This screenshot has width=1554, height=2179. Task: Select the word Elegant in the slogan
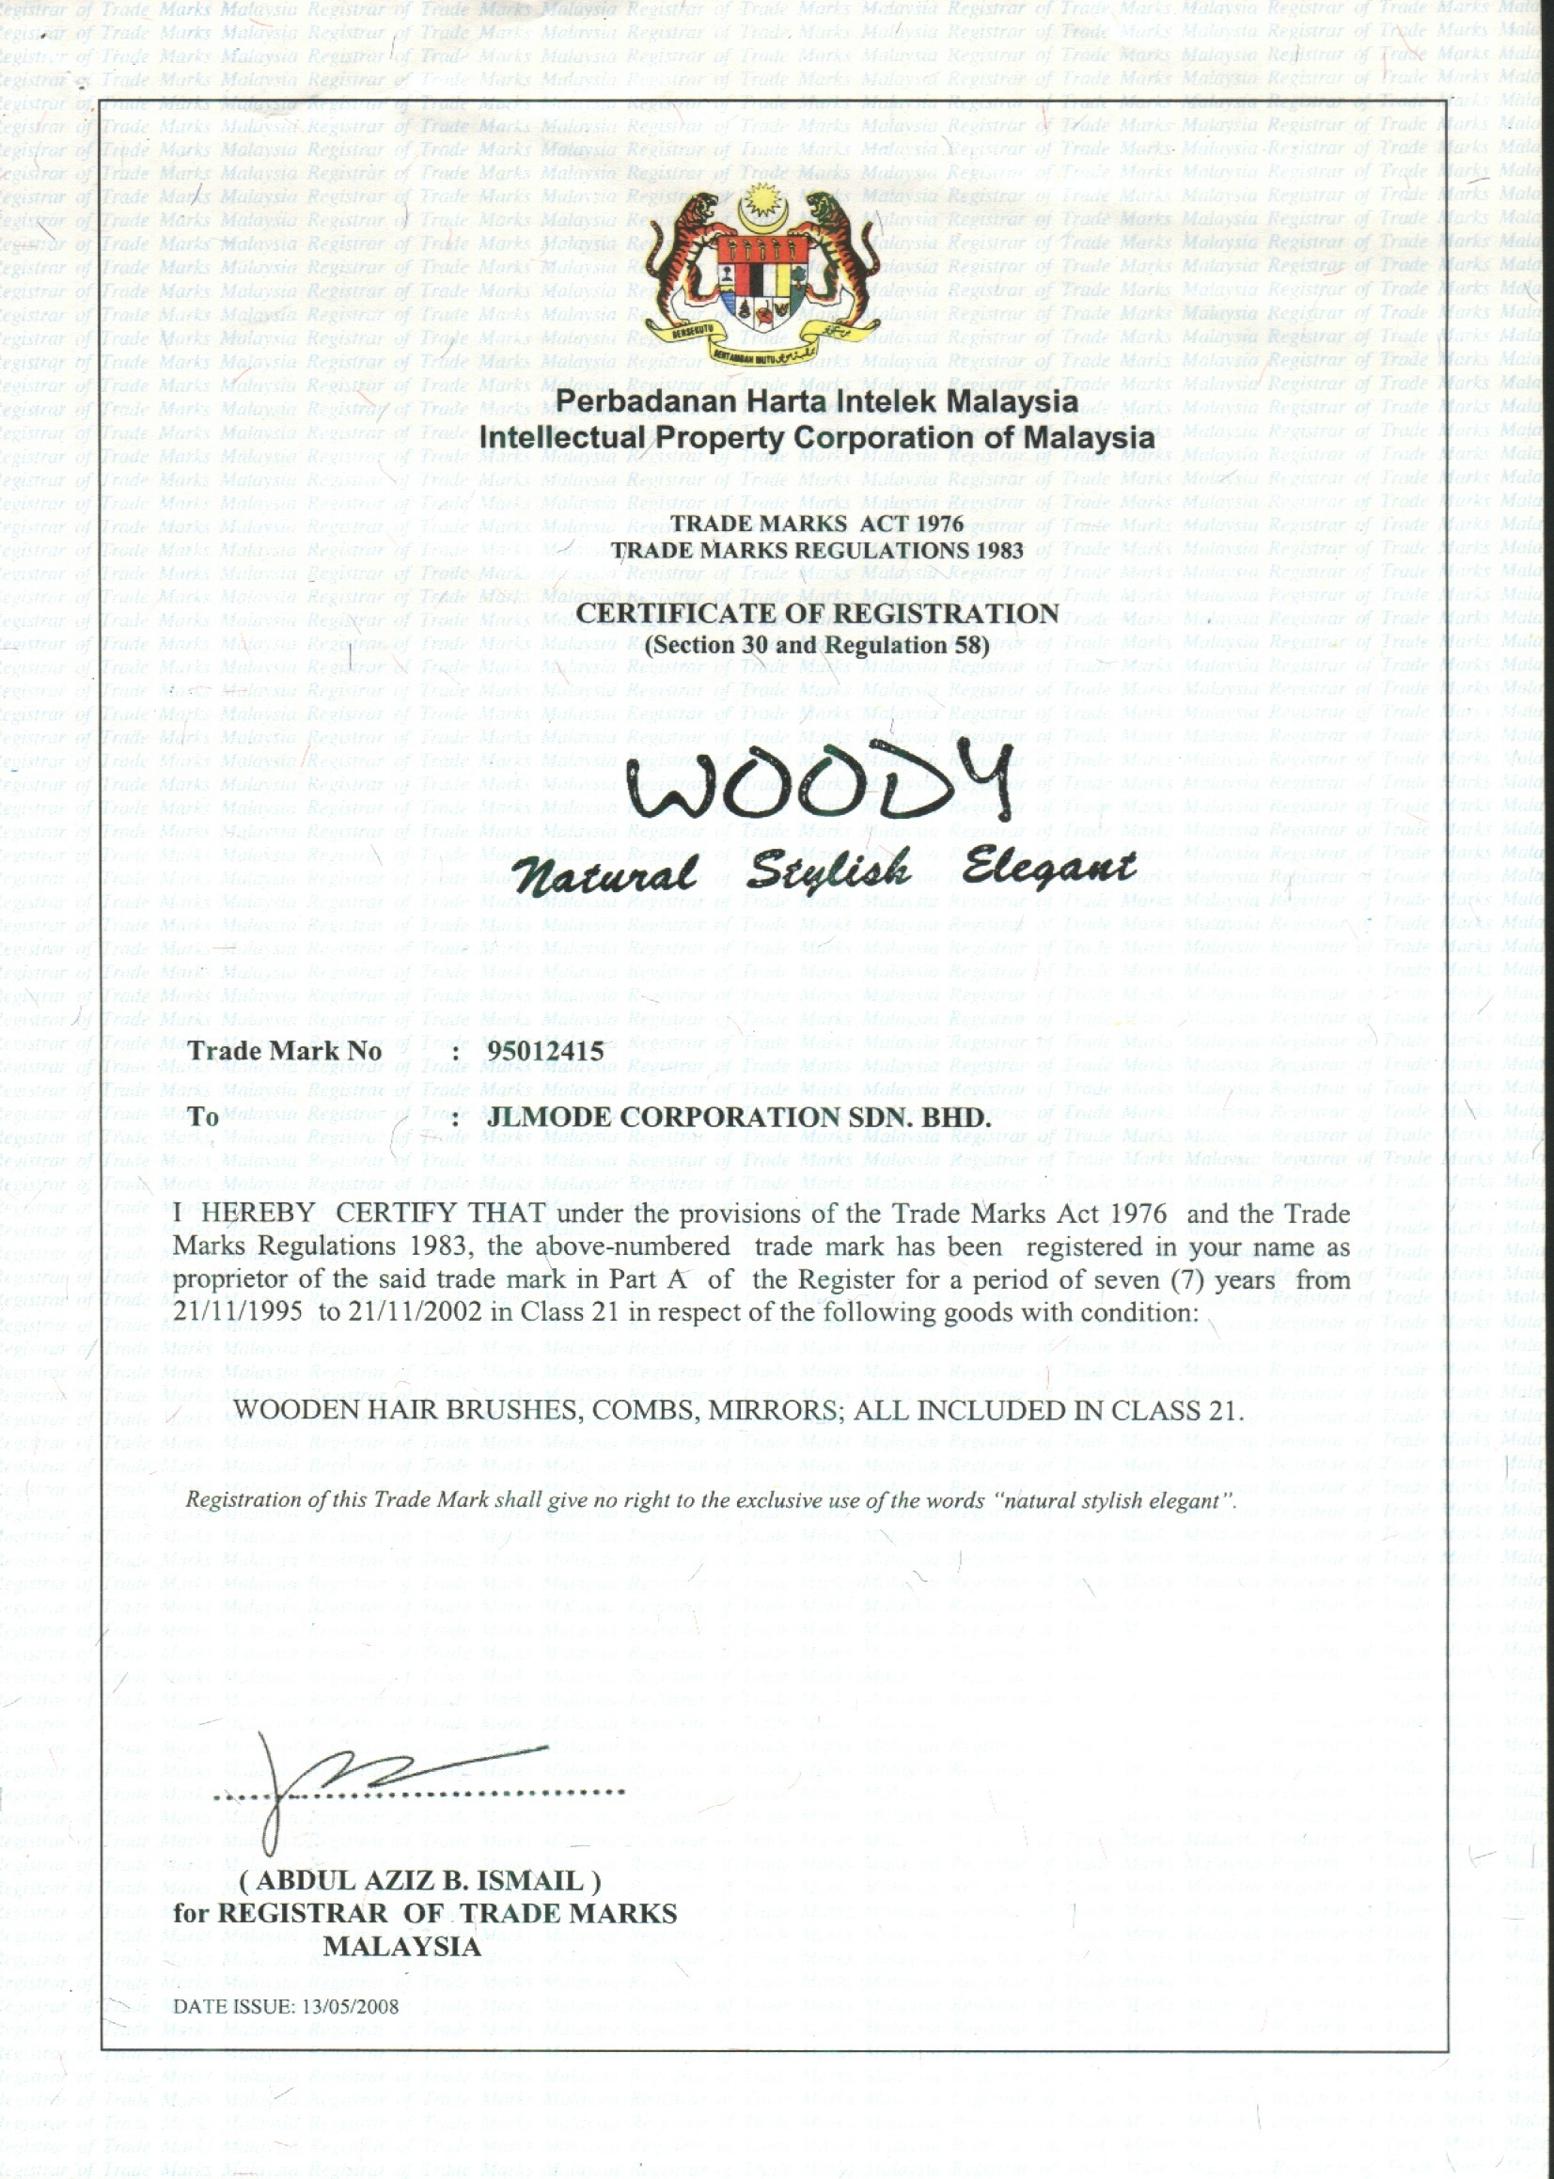[x=1049, y=867]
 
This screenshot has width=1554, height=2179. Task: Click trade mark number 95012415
[x=545, y=1050]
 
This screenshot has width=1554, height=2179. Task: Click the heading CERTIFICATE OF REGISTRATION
[x=817, y=613]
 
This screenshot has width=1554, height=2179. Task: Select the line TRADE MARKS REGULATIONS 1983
[x=817, y=550]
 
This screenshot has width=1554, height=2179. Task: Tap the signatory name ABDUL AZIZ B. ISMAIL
[x=420, y=1880]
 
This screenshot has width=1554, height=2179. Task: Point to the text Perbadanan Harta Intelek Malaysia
[x=817, y=401]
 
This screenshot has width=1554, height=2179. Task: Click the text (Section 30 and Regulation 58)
[x=817, y=644]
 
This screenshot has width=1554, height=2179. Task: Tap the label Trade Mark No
[x=285, y=1051]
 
